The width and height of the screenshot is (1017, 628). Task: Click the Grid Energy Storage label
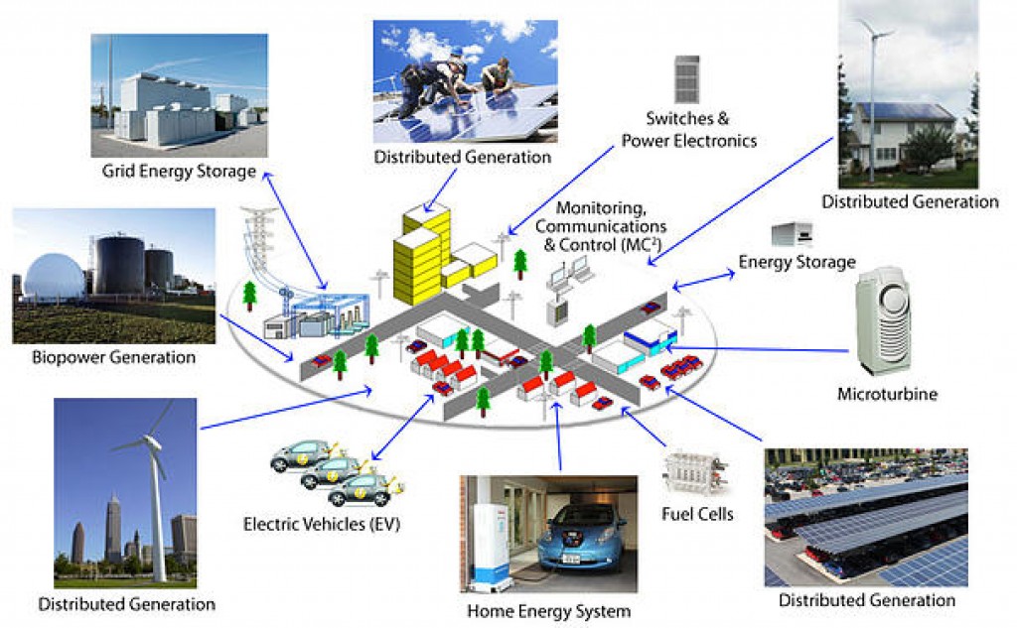click(179, 172)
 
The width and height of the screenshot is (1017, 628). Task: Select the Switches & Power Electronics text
click(688, 131)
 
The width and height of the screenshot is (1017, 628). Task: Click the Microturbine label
click(887, 394)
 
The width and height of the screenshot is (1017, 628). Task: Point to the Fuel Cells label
click(697, 513)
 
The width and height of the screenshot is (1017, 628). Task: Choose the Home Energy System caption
click(548, 610)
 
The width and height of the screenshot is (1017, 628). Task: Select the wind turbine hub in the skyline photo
click(152, 445)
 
